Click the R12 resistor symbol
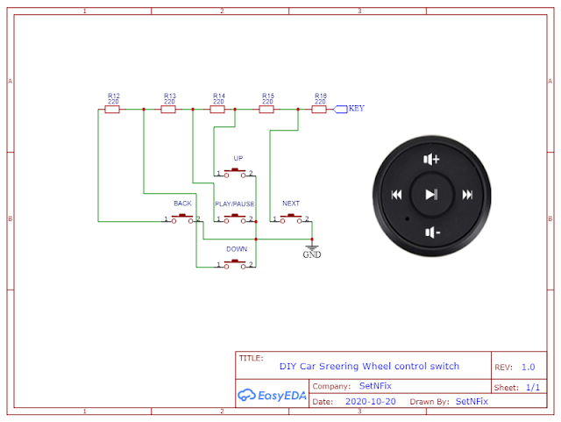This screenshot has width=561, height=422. pyautogui.click(x=112, y=110)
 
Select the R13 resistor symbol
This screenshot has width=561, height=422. pyautogui.click(x=168, y=110)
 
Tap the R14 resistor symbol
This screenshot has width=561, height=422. pyautogui.click(x=217, y=110)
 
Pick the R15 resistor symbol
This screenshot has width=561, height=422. pyautogui.click(x=266, y=110)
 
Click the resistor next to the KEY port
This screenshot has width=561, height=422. pyautogui.click(x=319, y=110)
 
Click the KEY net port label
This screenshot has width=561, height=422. pyautogui.click(x=349, y=109)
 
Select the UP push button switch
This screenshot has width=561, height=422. pyautogui.click(x=235, y=173)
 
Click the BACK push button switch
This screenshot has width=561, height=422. pyautogui.click(x=182, y=218)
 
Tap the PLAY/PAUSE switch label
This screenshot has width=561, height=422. pyautogui.click(x=235, y=204)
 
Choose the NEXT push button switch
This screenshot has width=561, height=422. pyautogui.click(x=291, y=218)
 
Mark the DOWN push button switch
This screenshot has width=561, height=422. pyautogui.click(x=235, y=264)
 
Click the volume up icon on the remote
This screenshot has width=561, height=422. pyautogui.click(x=431, y=159)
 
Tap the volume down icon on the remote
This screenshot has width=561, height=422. pyautogui.click(x=432, y=232)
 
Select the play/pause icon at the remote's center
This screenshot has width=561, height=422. pyautogui.click(x=431, y=195)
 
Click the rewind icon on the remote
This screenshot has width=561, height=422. pyautogui.click(x=397, y=195)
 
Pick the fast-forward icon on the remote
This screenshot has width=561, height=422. pyautogui.click(x=467, y=195)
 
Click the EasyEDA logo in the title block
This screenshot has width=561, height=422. pyautogui.click(x=272, y=395)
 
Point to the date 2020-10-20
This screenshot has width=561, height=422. pyautogui.click(x=370, y=402)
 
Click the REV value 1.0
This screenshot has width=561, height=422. pyautogui.click(x=528, y=368)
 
